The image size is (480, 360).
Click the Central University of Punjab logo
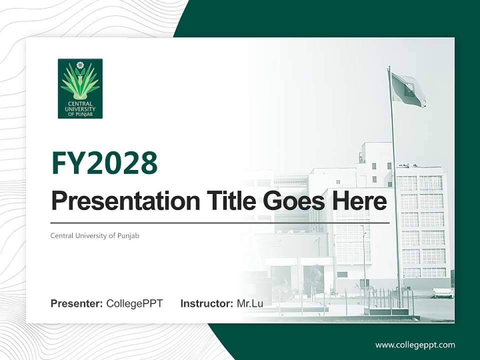[80, 88]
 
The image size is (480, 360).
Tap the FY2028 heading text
[104, 162]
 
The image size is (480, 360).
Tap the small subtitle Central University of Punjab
[94, 235]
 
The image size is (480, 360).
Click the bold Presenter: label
[77, 303]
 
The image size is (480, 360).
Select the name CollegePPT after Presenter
[134, 303]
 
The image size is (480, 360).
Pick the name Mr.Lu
[250, 303]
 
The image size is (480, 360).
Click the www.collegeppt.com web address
[415, 345]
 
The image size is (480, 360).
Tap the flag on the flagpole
[408, 89]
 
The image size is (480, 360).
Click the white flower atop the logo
[80, 65]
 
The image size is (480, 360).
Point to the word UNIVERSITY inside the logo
[80, 108]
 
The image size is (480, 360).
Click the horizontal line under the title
[220, 223]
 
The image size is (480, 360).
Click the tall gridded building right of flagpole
[422, 225]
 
